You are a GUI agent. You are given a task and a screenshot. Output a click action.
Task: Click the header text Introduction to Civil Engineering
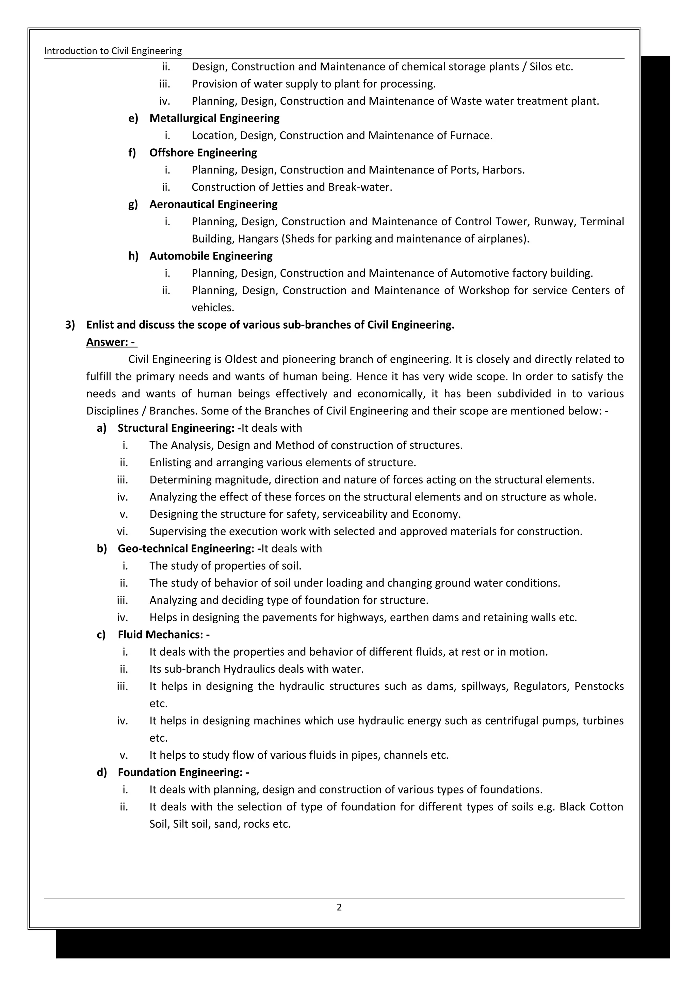click(x=113, y=51)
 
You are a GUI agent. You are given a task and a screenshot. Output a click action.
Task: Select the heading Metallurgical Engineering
click(x=214, y=118)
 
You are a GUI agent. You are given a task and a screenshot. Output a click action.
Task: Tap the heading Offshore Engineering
click(x=203, y=152)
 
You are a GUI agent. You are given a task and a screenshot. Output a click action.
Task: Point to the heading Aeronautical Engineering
click(x=213, y=204)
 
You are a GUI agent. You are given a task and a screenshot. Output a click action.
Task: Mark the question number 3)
click(x=70, y=325)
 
